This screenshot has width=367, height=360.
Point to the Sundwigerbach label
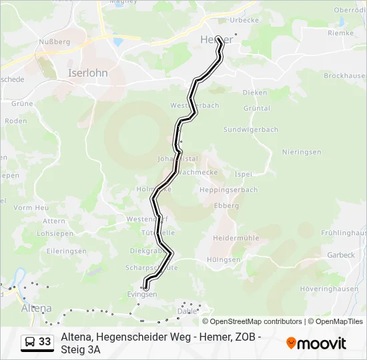(x=250, y=129)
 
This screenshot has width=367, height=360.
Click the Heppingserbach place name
(x=228, y=189)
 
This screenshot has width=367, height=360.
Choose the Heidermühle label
(x=235, y=238)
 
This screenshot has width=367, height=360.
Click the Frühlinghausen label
(x=344, y=233)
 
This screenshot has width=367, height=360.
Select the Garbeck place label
(x=340, y=255)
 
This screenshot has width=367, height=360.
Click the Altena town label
(x=36, y=308)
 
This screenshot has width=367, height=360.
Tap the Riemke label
(x=340, y=32)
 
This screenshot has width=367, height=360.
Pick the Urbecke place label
(x=244, y=20)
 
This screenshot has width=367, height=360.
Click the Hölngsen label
(x=224, y=259)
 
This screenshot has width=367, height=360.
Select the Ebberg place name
(x=226, y=206)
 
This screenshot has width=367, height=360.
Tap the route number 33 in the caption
(x=45, y=342)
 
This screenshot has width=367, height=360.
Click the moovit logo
(x=316, y=343)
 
